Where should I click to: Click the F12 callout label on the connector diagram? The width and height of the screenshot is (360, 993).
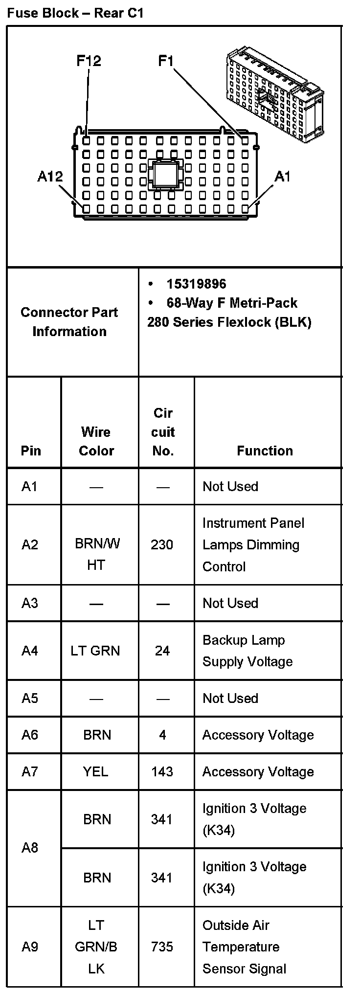pos(89,61)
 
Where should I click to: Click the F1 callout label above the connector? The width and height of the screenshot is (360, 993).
pos(166,61)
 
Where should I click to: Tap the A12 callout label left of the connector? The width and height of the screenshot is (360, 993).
pos(50,176)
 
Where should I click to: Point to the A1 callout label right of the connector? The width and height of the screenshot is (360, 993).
pos(282,176)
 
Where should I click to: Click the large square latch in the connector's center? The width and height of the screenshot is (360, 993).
pos(165,175)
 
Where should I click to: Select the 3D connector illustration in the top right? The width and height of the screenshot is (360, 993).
pos(274,92)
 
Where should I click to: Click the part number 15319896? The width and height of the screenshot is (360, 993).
pos(196,284)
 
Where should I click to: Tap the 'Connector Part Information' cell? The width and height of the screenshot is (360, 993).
pos(69,321)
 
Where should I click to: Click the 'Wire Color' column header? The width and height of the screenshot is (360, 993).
pos(96,441)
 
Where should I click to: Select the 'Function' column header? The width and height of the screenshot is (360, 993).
pos(265,451)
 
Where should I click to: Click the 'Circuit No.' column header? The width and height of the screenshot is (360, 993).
pos(163,432)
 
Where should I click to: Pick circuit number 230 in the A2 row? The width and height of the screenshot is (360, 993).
pos(162,544)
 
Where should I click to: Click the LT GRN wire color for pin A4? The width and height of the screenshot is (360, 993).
pos(95,651)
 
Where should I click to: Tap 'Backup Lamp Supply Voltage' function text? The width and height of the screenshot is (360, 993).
pos(247,651)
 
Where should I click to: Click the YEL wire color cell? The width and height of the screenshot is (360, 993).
pos(96,771)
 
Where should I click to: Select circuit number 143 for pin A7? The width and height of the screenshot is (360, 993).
pos(162,771)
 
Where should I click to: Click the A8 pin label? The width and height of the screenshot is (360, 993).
pos(30,848)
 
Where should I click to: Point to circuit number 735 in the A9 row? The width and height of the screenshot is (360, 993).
pos(162,947)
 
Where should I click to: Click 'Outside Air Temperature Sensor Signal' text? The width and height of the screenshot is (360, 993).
pos(245,947)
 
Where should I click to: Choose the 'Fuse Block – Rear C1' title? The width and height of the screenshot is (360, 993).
pos(75,13)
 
